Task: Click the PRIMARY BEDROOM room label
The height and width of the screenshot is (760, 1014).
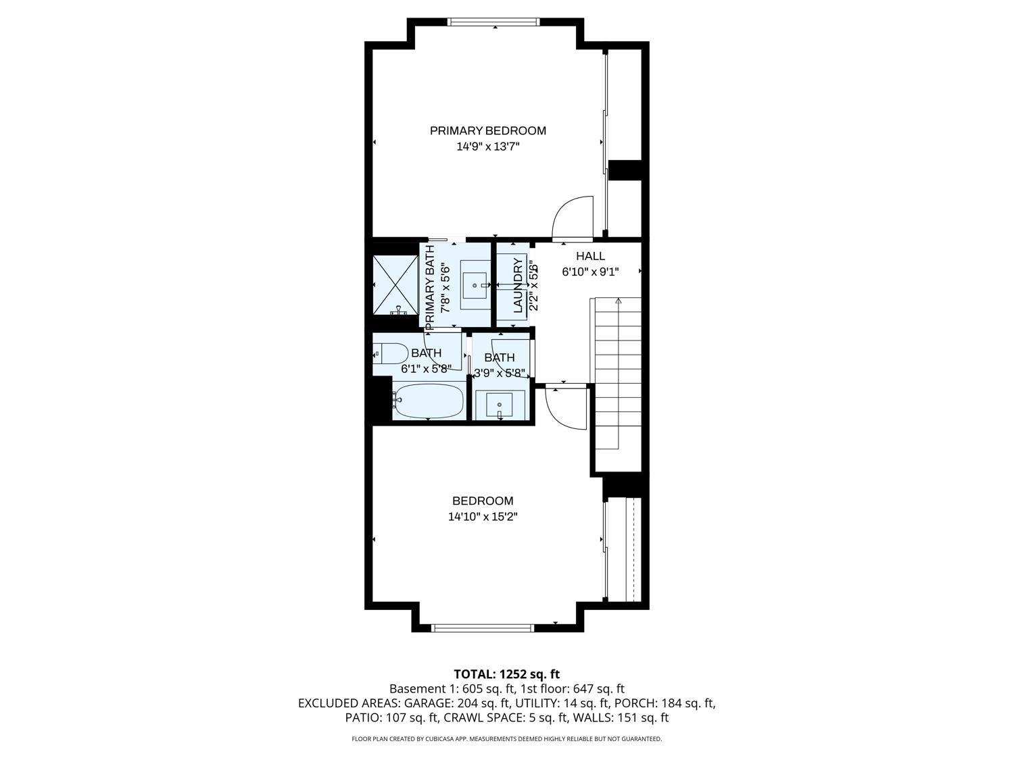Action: click(487, 130)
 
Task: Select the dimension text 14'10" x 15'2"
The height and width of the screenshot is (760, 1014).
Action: click(483, 517)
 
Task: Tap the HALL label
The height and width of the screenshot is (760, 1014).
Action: click(590, 256)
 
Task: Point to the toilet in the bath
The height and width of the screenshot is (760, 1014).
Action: click(390, 353)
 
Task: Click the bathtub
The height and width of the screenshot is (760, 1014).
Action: click(429, 401)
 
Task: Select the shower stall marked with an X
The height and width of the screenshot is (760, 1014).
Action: click(395, 285)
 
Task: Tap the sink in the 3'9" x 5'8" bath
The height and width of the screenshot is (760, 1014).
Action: click(500, 404)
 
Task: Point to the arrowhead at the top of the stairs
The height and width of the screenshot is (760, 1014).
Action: click(618, 301)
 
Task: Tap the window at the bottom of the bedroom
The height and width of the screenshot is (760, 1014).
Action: click(483, 628)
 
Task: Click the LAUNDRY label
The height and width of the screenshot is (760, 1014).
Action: click(518, 285)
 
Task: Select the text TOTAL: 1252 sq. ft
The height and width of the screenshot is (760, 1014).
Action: click(506, 674)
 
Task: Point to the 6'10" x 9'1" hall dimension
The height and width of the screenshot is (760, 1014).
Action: click(590, 272)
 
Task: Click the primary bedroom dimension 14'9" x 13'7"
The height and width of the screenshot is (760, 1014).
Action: click(487, 146)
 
